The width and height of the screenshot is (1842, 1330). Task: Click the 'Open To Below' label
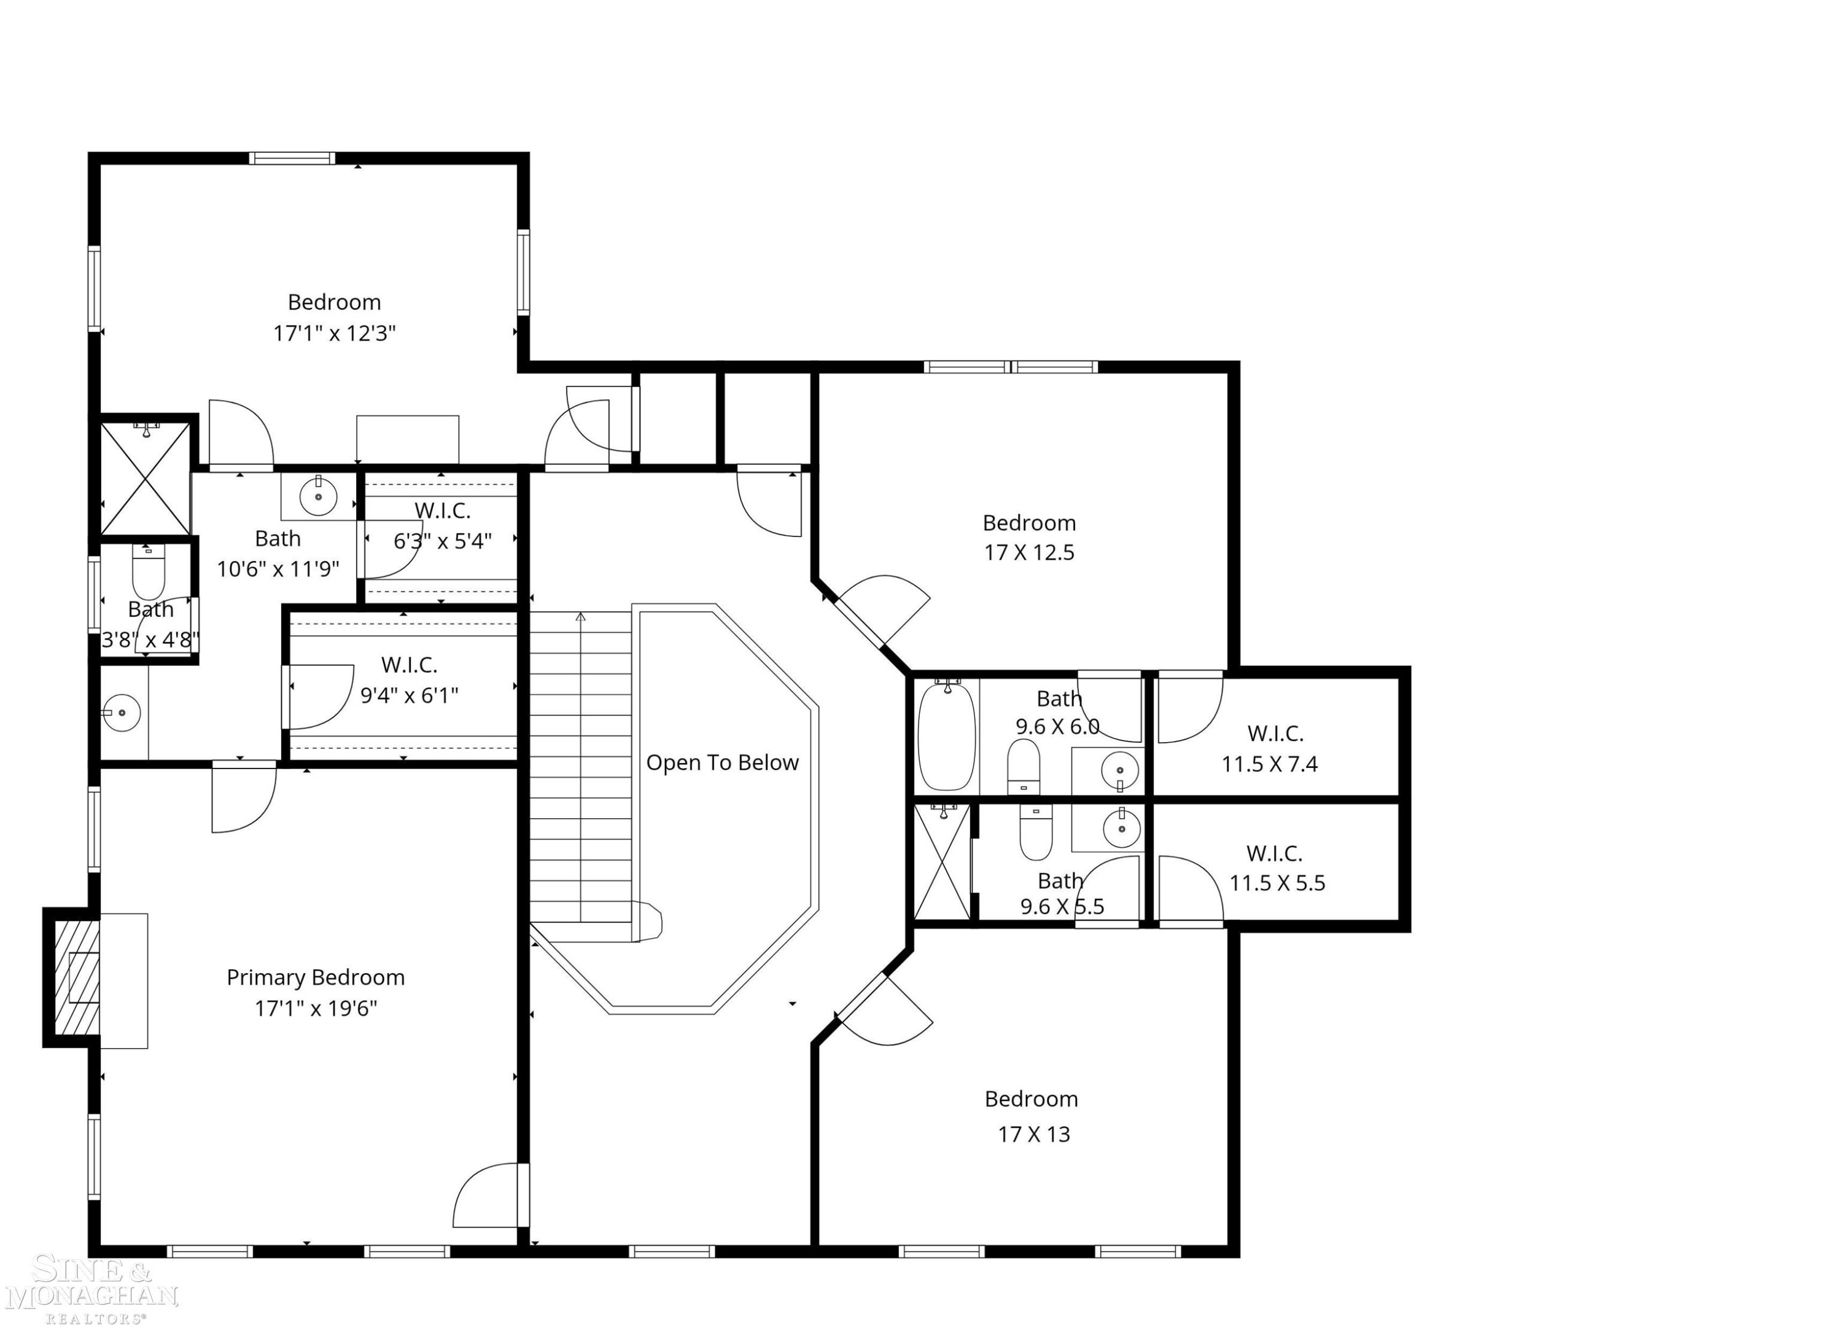point(722,763)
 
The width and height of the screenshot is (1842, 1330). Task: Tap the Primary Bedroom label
point(315,977)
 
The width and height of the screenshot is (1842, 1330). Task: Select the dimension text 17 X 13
point(1034,1133)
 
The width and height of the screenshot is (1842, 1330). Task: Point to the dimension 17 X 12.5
point(1029,552)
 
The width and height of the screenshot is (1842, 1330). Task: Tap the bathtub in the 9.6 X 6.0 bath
point(946,737)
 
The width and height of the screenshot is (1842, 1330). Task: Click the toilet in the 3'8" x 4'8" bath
point(149,573)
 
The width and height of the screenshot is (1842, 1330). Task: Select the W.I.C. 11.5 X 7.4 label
point(1270,748)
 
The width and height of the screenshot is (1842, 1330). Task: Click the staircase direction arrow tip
point(581,615)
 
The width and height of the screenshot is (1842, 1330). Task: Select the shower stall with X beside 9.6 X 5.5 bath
point(942,861)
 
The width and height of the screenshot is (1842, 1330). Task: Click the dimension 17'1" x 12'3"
point(335,333)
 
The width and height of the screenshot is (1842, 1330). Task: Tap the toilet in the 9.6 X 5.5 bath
point(1036,834)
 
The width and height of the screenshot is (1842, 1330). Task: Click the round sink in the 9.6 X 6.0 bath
point(1121,769)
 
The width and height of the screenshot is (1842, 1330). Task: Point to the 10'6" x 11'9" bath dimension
point(278,569)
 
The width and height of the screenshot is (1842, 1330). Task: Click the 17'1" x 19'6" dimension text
point(316,1008)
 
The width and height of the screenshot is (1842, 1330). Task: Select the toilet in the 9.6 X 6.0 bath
point(1024,766)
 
